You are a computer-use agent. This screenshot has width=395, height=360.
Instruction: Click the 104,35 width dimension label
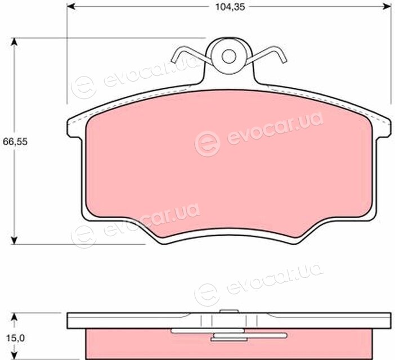point(230,7)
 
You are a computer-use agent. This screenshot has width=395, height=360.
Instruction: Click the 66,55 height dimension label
point(15,142)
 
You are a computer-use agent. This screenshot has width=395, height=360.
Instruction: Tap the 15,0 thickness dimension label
point(15,338)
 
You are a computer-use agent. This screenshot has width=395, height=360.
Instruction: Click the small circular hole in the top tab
point(229,56)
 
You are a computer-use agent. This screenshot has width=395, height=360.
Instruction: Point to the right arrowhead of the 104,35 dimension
point(387,7)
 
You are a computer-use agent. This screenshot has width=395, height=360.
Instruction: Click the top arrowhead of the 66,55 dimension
point(15,42)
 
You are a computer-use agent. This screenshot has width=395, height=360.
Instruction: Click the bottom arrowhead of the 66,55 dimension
point(15,240)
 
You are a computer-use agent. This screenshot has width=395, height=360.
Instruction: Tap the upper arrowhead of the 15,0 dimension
point(15,317)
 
